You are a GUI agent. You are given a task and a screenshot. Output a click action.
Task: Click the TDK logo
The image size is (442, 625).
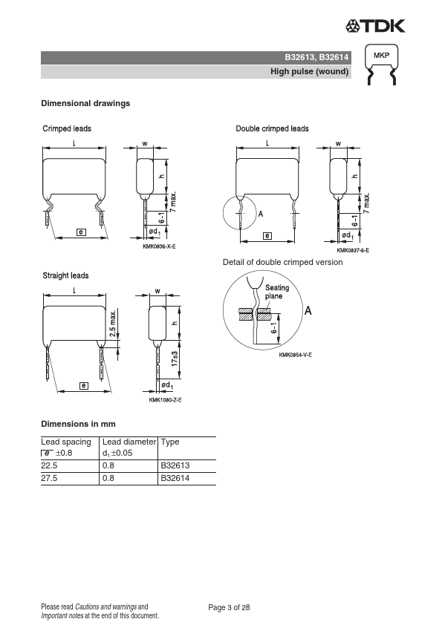pyautogui.click(x=375, y=26)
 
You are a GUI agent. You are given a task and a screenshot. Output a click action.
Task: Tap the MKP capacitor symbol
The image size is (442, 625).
pyautogui.click(x=381, y=64)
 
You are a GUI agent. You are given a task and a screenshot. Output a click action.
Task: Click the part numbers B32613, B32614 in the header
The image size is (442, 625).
pyautogui.click(x=316, y=57)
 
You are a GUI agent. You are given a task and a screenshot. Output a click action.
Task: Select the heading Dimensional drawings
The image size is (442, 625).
pyautogui.click(x=85, y=103)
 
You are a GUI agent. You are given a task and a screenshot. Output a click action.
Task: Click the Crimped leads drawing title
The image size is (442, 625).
pyautogui.click(x=67, y=128)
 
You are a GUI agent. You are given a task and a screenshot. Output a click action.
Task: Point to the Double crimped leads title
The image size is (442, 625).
pyautogui.click(x=272, y=128)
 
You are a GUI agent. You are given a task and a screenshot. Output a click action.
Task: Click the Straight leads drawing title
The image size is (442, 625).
pyautogui.click(x=65, y=275)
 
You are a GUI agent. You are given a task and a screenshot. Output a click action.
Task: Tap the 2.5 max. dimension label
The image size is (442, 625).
pyautogui.click(x=114, y=323)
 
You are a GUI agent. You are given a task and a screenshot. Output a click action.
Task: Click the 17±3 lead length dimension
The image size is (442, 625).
pyautogui.click(x=175, y=359)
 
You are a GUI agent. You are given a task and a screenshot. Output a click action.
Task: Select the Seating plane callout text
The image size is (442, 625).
pyautogui.click(x=277, y=292)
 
